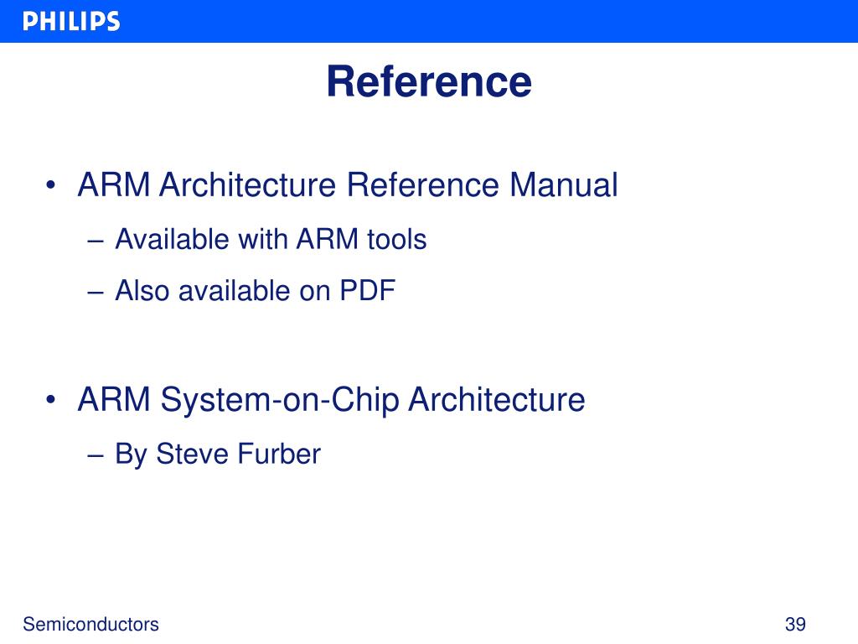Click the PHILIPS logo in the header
point(71,22)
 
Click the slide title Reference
point(428,82)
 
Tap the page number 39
point(794,625)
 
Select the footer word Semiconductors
point(90,625)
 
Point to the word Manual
point(563,185)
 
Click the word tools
point(396,240)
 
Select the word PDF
point(366,291)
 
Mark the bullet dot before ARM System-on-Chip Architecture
point(52,401)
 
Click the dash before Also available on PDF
point(95,293)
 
